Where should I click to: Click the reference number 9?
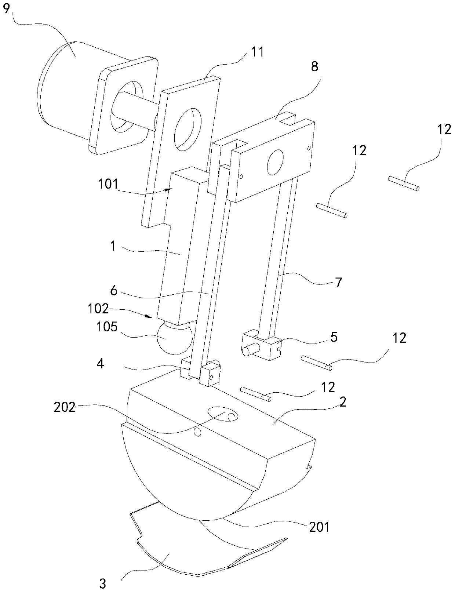tap(7, 9)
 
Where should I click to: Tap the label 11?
tap(257, 52)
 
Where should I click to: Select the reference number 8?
tap(314, 66)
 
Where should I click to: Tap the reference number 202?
tap(64, 407)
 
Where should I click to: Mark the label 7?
tap(339, 283)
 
